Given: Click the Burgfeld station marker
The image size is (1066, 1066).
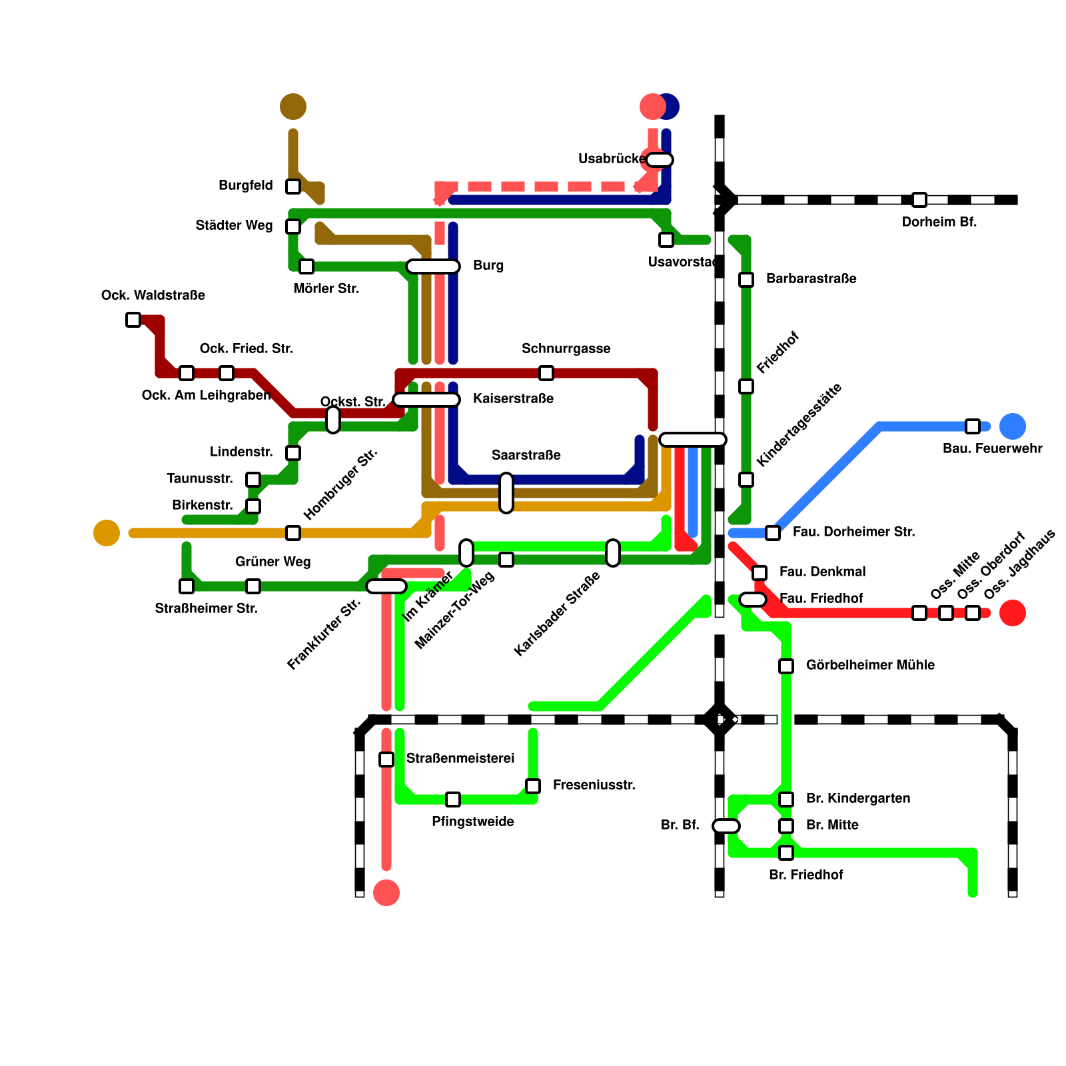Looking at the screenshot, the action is [293, 187].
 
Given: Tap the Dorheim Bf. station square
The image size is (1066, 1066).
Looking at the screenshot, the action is [919, 200].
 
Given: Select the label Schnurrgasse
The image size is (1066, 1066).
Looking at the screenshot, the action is [566, 348].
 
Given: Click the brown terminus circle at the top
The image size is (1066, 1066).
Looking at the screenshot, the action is [293, 107].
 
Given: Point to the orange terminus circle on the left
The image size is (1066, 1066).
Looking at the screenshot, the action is [107, 533].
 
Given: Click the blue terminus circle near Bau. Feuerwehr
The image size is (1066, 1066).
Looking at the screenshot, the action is [1013, 426].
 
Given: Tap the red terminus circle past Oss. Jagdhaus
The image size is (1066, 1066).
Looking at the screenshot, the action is [1013, 613].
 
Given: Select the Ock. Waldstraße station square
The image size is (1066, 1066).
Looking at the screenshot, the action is [133, 320].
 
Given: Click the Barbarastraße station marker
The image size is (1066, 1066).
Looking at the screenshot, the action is [746, 280].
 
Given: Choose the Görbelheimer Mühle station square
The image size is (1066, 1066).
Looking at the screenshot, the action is [786, 666].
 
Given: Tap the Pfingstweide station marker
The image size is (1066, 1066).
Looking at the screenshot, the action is [453, 799].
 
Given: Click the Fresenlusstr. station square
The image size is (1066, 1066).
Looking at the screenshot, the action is [533, 786].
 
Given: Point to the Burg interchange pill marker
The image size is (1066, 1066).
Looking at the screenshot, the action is [433, 266].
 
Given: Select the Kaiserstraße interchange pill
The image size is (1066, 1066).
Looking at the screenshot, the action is [426, 400].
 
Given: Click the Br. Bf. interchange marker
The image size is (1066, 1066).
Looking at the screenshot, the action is [726, 826].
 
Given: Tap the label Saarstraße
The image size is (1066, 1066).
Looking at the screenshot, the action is [526, 455].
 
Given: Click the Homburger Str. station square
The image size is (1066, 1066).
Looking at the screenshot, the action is [293, 533].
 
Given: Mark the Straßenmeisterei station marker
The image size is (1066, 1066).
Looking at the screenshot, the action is [386, 760].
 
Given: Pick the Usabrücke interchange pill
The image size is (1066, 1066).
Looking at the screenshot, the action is [660, 160].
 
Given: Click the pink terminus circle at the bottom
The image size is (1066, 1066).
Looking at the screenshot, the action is [386, 893].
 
